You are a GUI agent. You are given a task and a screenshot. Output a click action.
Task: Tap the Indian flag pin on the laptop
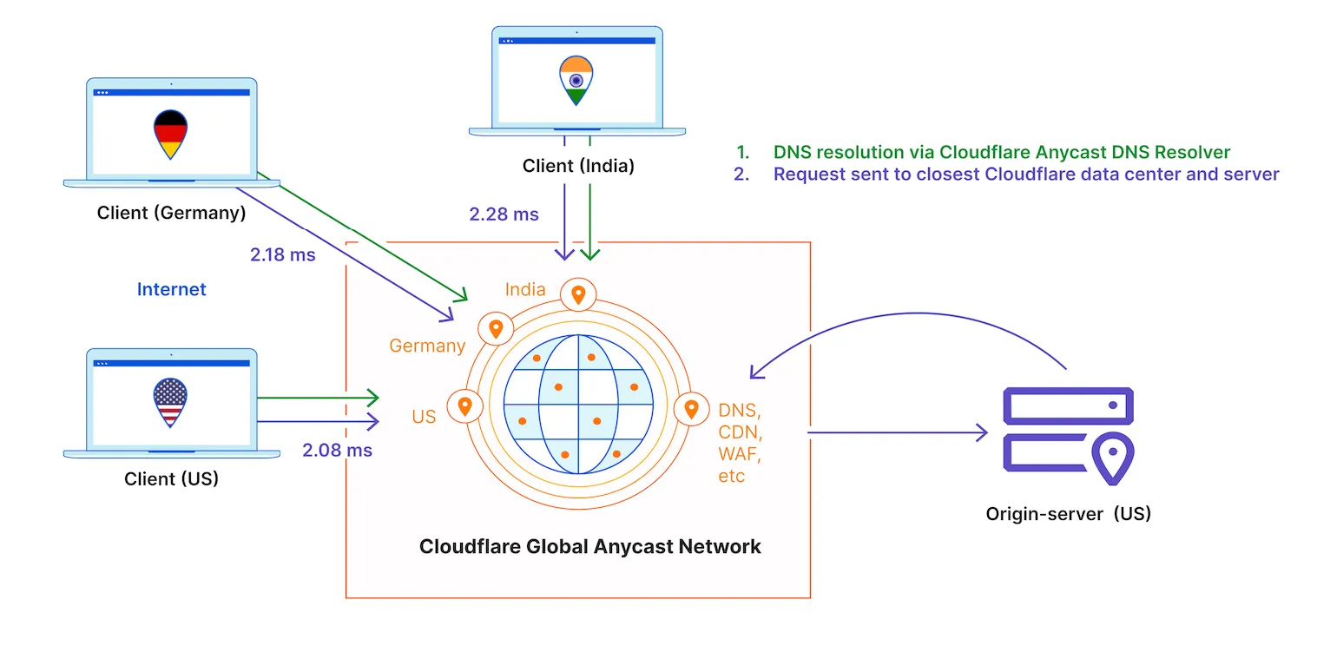click(576, 81)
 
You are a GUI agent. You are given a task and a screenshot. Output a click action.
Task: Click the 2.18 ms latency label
click(282, 255)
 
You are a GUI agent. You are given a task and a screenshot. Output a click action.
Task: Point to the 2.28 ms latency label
click(504, 214)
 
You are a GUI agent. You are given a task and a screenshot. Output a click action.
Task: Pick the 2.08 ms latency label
click(337, 450)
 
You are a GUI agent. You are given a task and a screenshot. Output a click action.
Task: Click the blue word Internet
click(171, 289)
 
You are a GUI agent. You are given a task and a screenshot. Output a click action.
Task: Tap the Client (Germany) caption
click(171, 212)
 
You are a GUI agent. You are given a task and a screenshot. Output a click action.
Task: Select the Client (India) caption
click(578, 166)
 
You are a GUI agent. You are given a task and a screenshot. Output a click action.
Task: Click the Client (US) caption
click(171, 478)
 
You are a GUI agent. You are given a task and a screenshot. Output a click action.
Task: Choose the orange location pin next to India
click(578, 295)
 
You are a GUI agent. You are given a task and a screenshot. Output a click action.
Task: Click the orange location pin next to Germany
click(496, 328)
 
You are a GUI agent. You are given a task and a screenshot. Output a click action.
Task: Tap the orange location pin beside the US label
click(464, 405)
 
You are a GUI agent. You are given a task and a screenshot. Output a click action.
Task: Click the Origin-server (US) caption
click(1068, 513)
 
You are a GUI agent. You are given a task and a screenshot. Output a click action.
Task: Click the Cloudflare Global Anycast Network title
click(589, 546)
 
